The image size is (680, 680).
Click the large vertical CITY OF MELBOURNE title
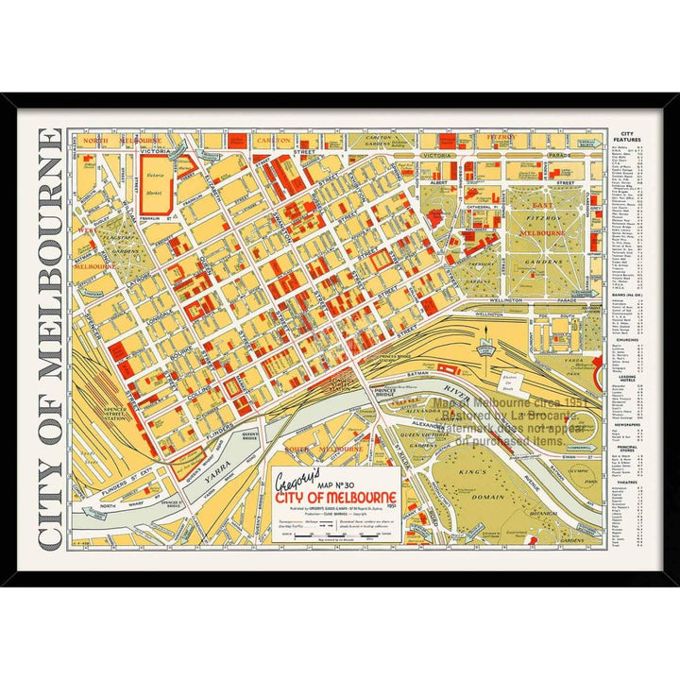coord(50,339)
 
